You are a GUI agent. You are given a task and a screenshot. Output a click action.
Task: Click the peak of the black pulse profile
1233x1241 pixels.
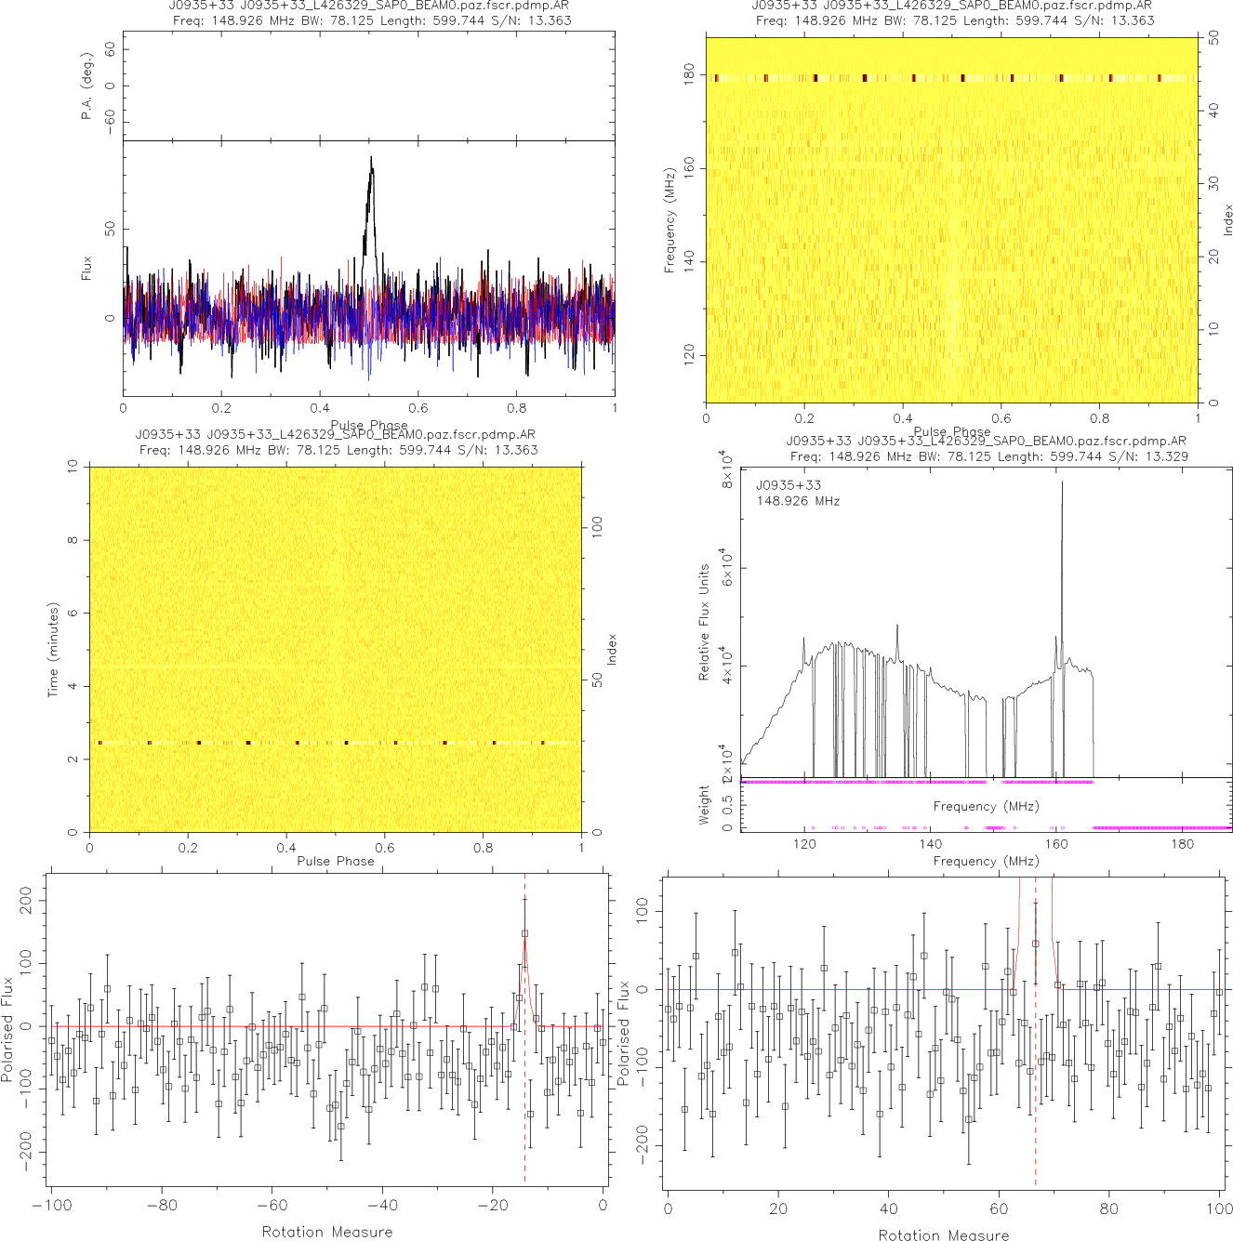tap(371, 158)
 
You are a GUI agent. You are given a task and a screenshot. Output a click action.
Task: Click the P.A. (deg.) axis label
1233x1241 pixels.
tap(86, 86)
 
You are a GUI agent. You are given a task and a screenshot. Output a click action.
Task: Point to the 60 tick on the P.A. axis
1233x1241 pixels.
tap(110, 50)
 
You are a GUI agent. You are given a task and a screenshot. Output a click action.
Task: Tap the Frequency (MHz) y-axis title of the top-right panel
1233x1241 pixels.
tap(669, 220)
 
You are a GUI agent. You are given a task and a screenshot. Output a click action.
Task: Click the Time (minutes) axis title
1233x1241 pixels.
tap(54, 650)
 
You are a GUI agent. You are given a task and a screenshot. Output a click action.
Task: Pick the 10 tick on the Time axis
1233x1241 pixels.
tap(73, 468)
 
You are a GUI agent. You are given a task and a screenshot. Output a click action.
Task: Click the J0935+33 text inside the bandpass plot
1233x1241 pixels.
tap(789, 485)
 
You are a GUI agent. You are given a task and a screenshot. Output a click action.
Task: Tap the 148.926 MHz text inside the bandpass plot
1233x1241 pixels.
tap(798, 501)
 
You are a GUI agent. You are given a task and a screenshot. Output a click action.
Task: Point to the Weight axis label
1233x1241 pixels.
tap(704, 805)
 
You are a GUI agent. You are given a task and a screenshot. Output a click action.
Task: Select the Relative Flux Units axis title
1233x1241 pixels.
tap(704, 622)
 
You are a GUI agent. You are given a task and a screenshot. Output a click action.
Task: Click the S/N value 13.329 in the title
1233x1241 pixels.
tap(1167, 455)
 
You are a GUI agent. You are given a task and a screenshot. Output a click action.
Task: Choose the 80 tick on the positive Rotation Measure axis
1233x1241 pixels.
tap(1109, 1209)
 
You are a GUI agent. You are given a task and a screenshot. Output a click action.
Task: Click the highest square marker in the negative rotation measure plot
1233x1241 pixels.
tap(524, 933)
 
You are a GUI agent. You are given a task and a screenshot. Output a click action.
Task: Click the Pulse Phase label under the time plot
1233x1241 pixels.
tap(335, 861)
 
